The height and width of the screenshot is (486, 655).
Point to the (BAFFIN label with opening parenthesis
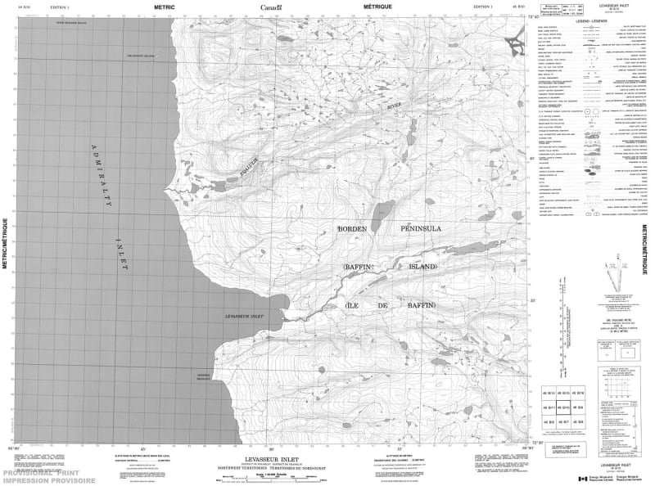point(358,268)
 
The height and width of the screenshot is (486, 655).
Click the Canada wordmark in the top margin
point(271,7)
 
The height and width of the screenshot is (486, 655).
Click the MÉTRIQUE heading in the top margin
point(377,7)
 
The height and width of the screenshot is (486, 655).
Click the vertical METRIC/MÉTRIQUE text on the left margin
point(6,243)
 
